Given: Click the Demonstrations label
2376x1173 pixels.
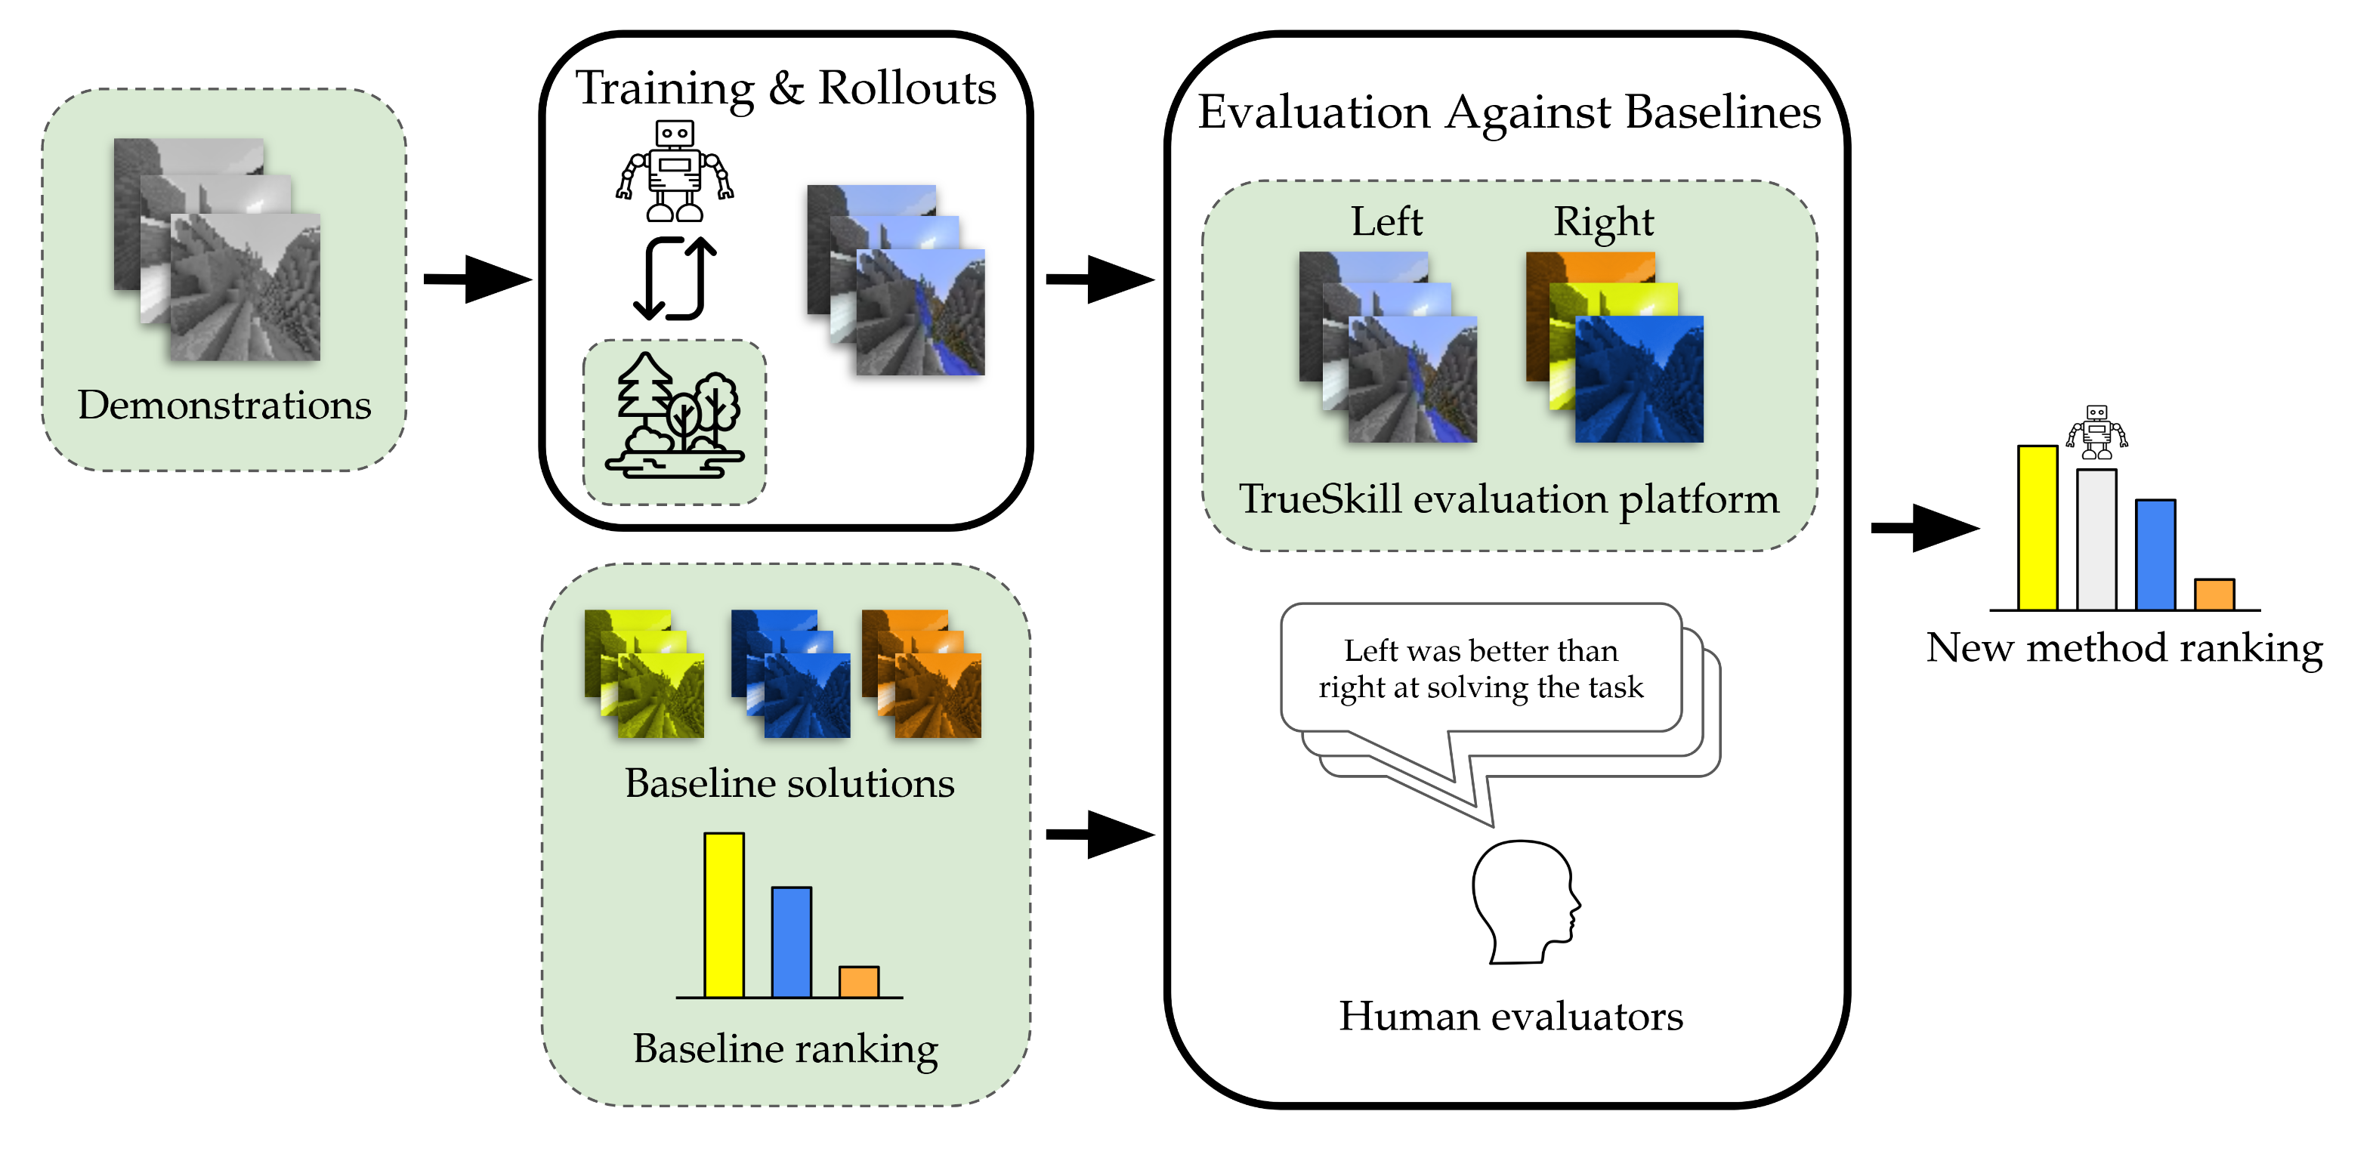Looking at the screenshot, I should click(224, 405).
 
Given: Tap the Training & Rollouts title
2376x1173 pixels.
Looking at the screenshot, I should click(785, 88).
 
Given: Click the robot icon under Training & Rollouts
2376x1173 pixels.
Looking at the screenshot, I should click(674, 171).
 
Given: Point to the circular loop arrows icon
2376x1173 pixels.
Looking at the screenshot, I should click(674, 277).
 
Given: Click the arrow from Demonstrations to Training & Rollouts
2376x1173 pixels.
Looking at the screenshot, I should click(476, 279).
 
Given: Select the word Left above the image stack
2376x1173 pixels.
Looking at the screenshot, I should click(1386, 221).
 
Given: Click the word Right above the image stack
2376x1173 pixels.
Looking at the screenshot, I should click(1603, 222).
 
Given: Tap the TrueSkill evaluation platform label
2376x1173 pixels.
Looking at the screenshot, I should click(1508, 499).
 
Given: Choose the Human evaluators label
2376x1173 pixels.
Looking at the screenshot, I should click(1510, 1016).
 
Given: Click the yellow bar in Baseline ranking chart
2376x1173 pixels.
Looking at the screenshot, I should click(724, 915).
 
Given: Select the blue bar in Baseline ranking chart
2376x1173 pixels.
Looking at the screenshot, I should click(792, 942).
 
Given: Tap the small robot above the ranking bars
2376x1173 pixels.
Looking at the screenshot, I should click(2096, 431).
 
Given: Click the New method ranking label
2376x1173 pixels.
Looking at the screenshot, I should click(2123, 648).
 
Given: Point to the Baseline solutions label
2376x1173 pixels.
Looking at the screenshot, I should click(789, 784).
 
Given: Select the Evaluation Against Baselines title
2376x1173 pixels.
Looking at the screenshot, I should click(1508, 113).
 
